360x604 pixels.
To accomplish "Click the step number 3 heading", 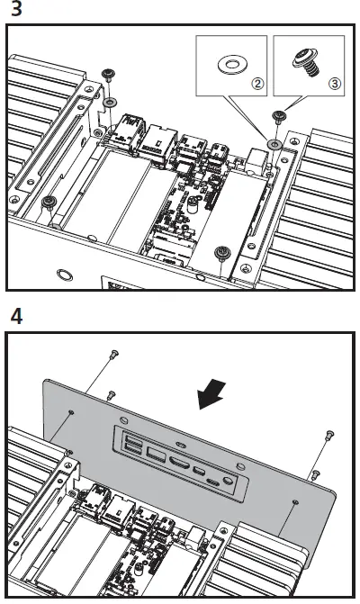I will (12, 11).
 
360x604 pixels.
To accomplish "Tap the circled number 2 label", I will (257, 83).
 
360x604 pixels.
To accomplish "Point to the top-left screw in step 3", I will (109, 74).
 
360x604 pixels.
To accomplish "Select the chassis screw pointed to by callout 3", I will (278, 115).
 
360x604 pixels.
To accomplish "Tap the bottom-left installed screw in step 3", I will (50, 200).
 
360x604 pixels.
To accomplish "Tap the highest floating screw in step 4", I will (114, 354).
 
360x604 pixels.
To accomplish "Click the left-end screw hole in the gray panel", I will (71, 410).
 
